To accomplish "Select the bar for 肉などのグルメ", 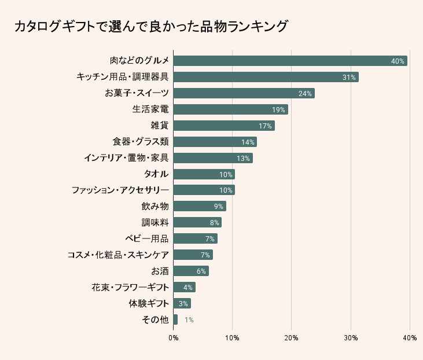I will [x=289, y=61].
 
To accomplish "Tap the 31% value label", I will [x=348, y=77].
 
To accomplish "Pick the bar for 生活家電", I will [x=230, y=109].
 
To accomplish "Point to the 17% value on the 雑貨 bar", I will [x=265, y=126].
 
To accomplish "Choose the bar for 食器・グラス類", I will [x=215, y=142].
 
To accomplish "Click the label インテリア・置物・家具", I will [x=126, y=158].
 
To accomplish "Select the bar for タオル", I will [x=204, y=174].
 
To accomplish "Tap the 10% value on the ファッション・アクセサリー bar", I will [x=226, y=190].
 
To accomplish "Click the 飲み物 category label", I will [x=155, y=206].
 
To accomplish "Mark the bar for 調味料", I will [x=197, y=222].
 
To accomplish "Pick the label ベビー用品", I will [x=147, y=238].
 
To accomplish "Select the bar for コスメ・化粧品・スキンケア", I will [x=193, y=255].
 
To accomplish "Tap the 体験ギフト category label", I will [x=149, y=303].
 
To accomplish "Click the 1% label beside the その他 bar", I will [x=189, y=319].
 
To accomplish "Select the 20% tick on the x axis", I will [x=292, y=337].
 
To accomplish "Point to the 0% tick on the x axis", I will [x=173, y=337].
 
